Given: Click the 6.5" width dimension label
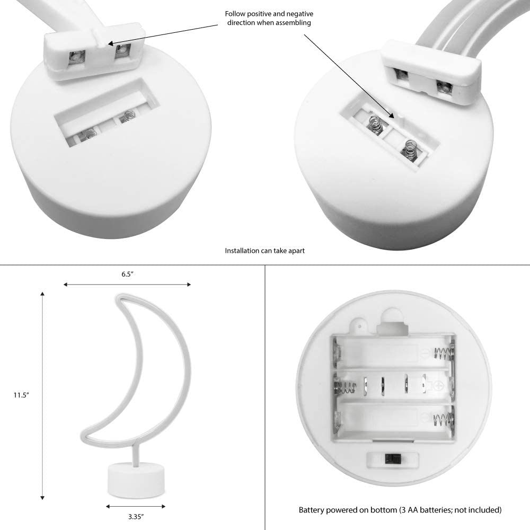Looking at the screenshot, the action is pyautogui.click(x=127, y=274).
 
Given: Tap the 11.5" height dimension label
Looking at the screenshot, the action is pyautogui.click(x=21, y=395).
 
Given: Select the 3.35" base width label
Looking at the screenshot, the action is pyautogui.click(x=136, y=516).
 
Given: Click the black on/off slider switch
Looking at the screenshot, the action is pyautogui.click(x=392, y=458).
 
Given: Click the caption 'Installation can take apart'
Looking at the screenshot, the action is pyautogui.click(x=264, y=251).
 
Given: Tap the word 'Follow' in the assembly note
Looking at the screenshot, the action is pyautogui.click(x=235, y=14).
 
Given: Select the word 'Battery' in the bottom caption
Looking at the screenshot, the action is pyautogui.click(x=312, y=510).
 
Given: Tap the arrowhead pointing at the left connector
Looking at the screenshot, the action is pyautogui.click(x=111, y=43).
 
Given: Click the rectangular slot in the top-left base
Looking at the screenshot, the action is pyautogui.click(x=107, y=111).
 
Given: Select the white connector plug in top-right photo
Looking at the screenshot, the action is pyautogui.click(x=431, y=72).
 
